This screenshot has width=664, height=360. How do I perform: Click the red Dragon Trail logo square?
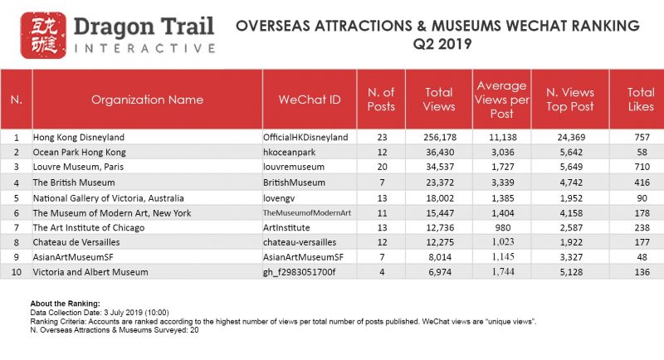tap(43, 35)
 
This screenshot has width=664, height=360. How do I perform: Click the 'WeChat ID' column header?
tap(310, 100)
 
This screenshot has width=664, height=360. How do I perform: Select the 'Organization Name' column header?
tap(147, 100)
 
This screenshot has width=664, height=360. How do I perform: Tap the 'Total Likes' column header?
tap(640, 100)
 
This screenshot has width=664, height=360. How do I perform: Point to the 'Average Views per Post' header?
tap(502, 100)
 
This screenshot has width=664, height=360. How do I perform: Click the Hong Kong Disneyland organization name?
tap(79, 137)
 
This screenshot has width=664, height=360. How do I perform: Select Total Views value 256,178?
tap(440, 137)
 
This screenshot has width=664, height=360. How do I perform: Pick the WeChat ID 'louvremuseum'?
tap(294, 167)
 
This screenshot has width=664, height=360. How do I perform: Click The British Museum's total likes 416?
tap(642, 182)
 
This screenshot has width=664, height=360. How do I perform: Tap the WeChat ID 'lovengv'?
tap(279, 198)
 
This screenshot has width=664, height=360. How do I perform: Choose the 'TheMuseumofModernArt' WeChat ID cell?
tap(307, 213)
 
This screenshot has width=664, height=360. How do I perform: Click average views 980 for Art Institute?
tap(503, 227)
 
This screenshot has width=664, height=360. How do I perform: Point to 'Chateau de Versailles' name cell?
tap(76, 242)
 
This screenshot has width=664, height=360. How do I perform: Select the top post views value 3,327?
tap(571, 257)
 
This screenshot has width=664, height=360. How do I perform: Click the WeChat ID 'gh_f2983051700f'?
tap(299, 271)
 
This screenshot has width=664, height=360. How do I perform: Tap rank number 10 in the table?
tap(16, 271)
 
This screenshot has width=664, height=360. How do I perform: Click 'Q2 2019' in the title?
tap(442, 44)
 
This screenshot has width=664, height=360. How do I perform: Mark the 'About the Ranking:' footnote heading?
tap(66, 304)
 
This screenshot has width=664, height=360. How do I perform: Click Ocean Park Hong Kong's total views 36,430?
tap(440, 152)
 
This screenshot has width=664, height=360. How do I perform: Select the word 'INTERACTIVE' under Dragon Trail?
tap(144, 48)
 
